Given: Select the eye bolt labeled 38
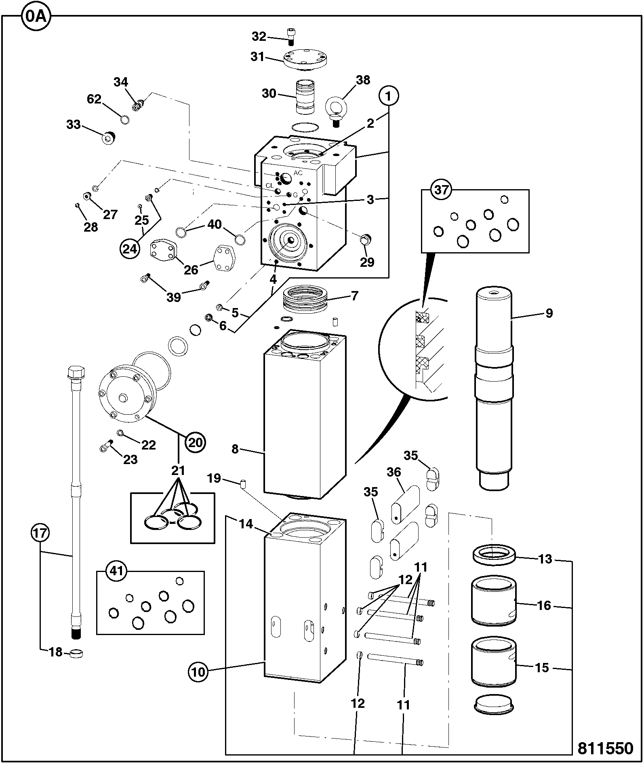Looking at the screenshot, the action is pos(335,110).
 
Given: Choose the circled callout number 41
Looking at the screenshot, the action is pos(116,571).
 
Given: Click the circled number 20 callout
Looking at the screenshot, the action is pos(196,443).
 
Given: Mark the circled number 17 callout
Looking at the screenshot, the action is pos(40,533).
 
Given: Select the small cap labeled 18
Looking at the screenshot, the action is pos(76,652).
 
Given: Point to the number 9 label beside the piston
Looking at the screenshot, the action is pos(549,313).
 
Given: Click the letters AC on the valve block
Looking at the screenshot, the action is pos(298,173).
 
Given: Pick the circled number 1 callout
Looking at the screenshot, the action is pos(389,97).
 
